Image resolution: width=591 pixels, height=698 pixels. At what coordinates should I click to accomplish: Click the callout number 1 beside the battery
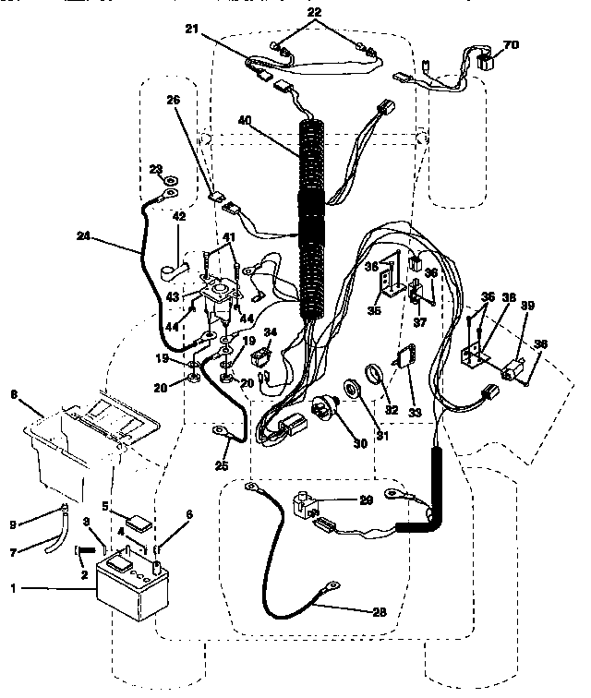click(13, 587)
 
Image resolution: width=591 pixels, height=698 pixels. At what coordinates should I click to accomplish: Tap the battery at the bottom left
click(135, 590)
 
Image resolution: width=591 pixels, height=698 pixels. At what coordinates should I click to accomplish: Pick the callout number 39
click(527, 306)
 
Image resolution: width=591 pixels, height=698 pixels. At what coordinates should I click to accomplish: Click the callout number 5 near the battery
click(107, 505)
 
